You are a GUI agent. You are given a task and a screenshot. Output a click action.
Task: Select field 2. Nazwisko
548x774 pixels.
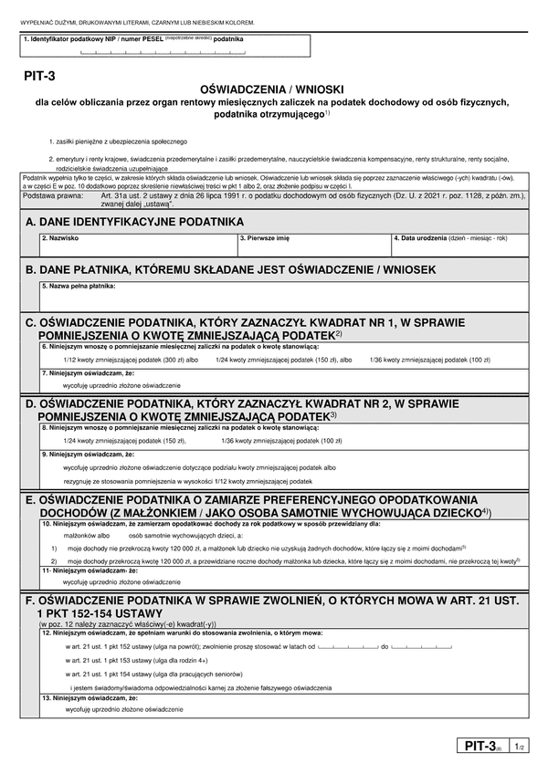coord(137,247)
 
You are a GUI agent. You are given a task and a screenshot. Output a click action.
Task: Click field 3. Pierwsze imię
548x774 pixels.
coord(313,247)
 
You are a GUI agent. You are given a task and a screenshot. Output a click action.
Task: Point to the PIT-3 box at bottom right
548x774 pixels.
coord(482,746)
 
